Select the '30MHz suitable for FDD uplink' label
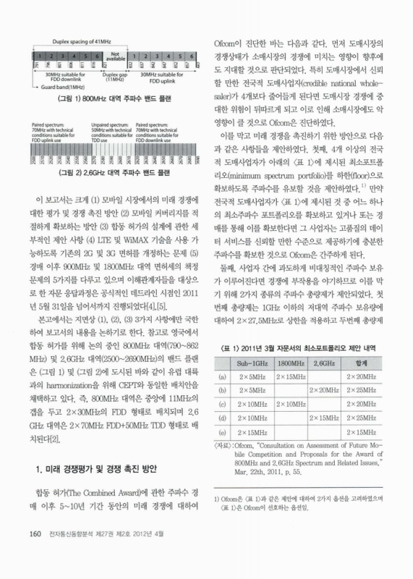(167, 76)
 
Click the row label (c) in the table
(221, 402)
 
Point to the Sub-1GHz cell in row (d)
(254, 417)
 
